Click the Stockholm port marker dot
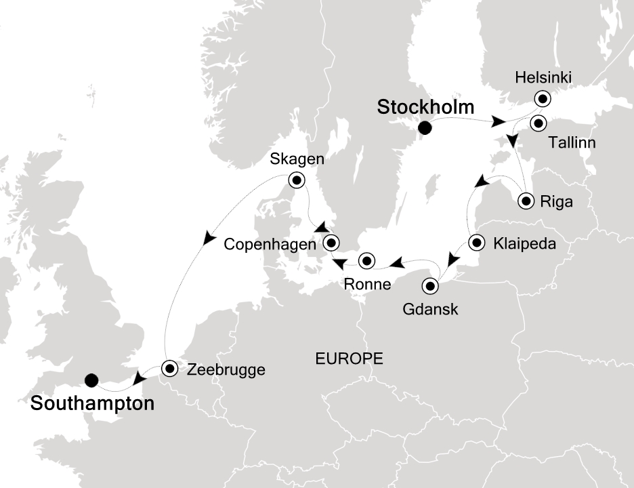(x=425, y=127)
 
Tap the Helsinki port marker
(x=542, y=98)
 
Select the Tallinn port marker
(x=538, y=123)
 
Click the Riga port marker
(x=526, y=201)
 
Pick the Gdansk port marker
(x=430, y=286)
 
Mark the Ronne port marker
(x=366, y=260)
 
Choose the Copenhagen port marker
(x=331, y=242)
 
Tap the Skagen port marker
(x=296, y=180)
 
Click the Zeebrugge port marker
(x=169, y=368)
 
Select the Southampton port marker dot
(x=92, y=380)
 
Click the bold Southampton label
(x=91, y=405)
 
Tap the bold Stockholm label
(x=425, y=107)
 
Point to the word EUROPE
(x=350, y=359)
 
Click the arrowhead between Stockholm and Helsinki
(x=499, y=123)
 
